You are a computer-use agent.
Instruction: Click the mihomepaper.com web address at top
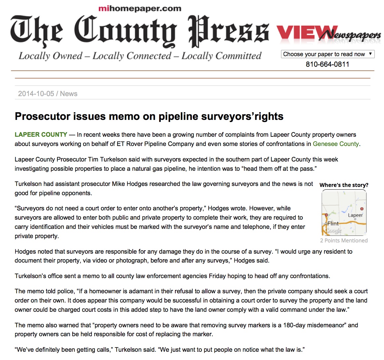pyautogui.click(x=140, y=9)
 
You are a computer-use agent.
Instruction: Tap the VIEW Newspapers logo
pyautogui.click(x=328, y=34)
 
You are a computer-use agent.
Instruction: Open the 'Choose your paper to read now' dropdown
pyautogui.click(x=328, y=54)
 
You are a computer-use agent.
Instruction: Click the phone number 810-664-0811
pyautogui.click(x=327, y=64)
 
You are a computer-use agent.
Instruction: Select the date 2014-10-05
pyautogui.click(x=36, y=94)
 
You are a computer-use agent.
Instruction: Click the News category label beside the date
pyautogui.click(x=69, y=94)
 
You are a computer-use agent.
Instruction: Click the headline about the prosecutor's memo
pyautogui.click(x=149, y=116)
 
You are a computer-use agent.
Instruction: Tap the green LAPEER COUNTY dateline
pyautogui.click(x=41, y=135)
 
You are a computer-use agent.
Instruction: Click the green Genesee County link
pyautogui.click(x=336, y=144)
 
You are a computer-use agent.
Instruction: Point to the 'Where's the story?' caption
pyautogui.click(x=344, y=185)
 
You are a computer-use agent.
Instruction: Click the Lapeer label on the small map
pyautogui.click(x=355, y=215)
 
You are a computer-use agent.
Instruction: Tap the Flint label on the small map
pyautogui.click(x=333, y=224)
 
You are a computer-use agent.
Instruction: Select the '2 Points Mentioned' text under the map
pyautogui.click(x=344, y=240)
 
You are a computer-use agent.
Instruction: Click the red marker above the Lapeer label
pyautogui.click(x=362, y=209)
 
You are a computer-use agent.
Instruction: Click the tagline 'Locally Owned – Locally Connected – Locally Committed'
pyautogui.click(x=140, y=56)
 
